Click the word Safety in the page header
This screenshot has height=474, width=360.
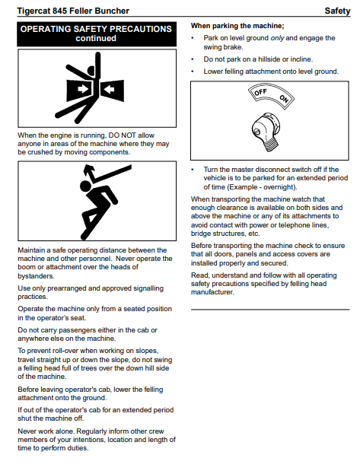pos(337,11)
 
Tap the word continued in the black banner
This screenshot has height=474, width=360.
pos(96,38)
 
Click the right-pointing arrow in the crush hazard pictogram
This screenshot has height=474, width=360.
pos(83,89)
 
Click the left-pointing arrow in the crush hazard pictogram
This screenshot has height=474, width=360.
pos(109,89)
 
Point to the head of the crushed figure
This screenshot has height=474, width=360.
pos(91,71)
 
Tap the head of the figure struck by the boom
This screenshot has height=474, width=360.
pos(85,186)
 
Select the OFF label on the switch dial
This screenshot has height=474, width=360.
pos(260,91)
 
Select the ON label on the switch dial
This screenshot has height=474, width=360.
pos(284,99)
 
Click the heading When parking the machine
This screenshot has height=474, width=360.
pos(237,26)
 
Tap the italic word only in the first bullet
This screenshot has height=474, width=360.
pos(277,38)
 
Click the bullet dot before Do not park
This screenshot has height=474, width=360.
pos(193,59)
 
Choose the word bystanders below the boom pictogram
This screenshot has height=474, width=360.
pos(36,276)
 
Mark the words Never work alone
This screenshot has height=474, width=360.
pos(46,431)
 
